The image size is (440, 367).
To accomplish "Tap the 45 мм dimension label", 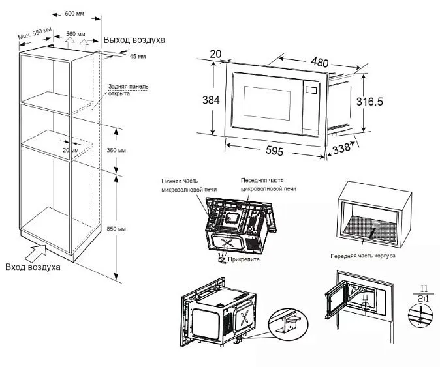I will pyautogui.click(x=137, y=57).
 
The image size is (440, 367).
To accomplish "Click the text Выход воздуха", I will pyautogui.click(x=135, y=40).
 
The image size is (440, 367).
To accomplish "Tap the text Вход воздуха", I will pyautogui.click(x=33, y=267).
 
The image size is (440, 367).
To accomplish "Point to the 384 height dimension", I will pyautogui.click(x=210, y=100).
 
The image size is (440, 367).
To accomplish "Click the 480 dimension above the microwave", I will pyautogui.click(x=319, y=63).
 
